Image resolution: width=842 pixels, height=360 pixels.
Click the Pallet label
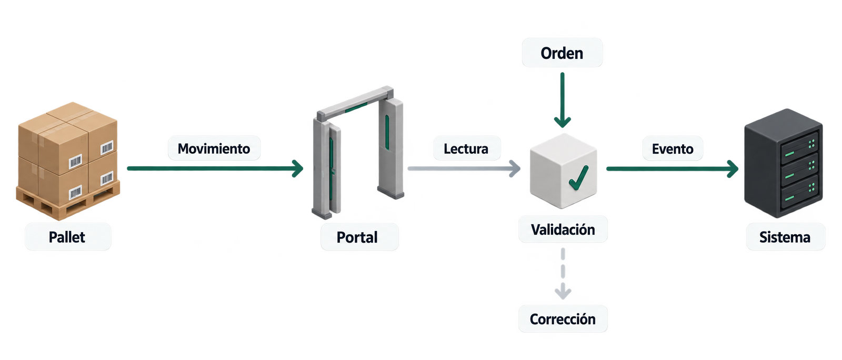[x=68, y=237]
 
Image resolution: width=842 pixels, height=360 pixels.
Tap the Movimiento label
[x=214, y=148]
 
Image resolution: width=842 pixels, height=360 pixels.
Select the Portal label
[x=359, y=237]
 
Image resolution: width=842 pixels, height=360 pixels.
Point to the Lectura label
[x=466, y=148]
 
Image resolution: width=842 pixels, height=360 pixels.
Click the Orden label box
[x=563, y=53]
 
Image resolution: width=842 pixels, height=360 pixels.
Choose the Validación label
[x=563, y=229]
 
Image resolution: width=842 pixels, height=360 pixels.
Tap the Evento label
[x=673, y=149]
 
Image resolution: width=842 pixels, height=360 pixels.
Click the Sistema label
[x=786, y=237]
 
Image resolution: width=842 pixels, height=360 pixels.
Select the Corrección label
[x=563, y=319]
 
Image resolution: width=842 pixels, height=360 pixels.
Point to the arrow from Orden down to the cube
[x=563, y=100]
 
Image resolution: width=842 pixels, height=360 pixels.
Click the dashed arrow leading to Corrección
[x=563, y=274]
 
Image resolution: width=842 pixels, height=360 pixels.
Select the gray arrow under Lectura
[x=464, y=168]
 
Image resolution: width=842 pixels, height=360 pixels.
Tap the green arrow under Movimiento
[x=215, y=168]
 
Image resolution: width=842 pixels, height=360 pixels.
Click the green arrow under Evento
[x=673, y=169]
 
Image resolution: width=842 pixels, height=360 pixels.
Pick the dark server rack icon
[x=784, y=163]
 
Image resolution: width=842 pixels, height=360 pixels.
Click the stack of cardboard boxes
[x=68, y=148]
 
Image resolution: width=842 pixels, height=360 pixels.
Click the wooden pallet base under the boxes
[x=68, y=199]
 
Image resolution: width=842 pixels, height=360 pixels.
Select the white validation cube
[x=563, y=171]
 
